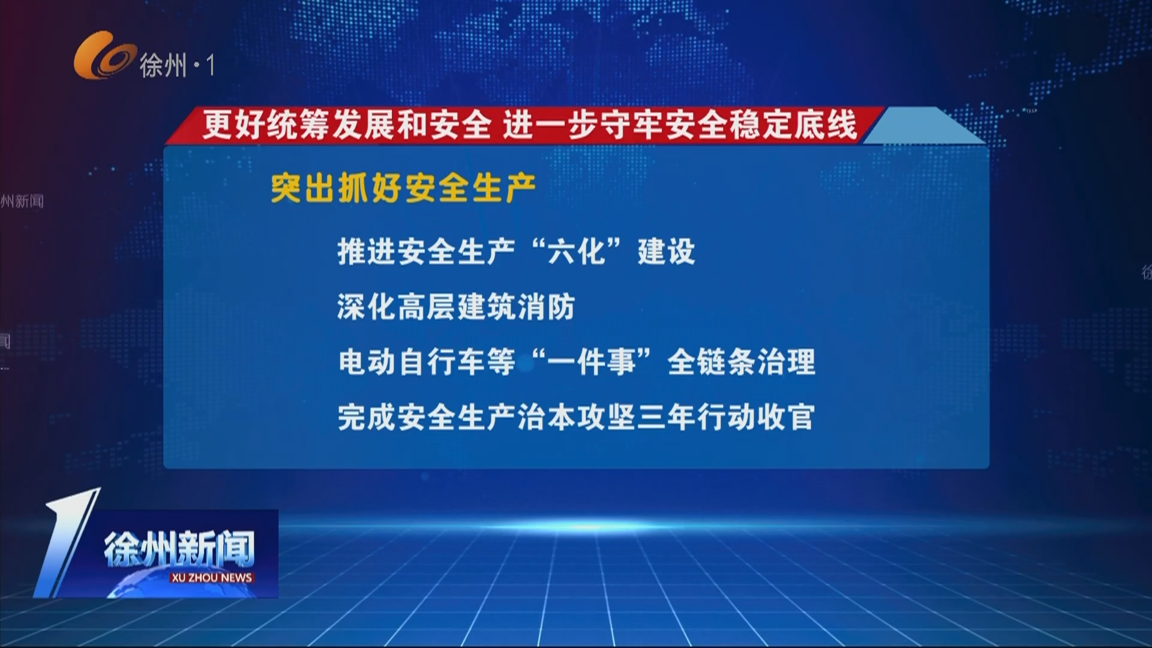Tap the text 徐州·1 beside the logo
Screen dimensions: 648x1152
tap(177, 65)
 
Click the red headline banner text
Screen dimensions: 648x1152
tap(528, 125)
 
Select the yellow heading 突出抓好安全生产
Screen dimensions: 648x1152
tap(403, 188)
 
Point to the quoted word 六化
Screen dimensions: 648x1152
tap(576, 251)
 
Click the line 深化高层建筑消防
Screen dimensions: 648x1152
tap(456, 307)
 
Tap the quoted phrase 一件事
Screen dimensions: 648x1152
tap(592, 362)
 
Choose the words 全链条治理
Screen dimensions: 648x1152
tap(741, 362)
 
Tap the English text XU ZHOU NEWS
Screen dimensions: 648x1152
tap(211, 578)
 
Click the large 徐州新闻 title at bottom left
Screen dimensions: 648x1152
tap(179, 548)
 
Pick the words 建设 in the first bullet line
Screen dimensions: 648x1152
tap(666, 251)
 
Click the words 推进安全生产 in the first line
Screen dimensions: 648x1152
tap(426, 251)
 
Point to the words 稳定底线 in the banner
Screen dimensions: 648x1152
tap(792, 125)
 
